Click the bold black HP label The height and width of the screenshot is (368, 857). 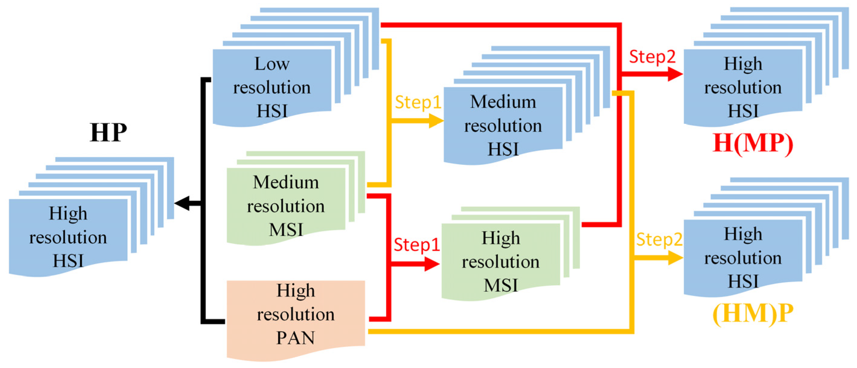coord(108,133)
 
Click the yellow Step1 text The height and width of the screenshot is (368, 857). coord(418,102)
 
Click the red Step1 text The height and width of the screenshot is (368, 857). coord(417,245)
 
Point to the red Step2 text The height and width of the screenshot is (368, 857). coord(652,57)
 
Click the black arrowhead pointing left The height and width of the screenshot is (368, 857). coord(182,203)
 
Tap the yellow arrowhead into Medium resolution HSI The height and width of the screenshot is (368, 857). coord(436,121)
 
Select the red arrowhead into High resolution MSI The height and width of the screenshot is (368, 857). coord(432,264)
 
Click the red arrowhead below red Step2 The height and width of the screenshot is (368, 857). coord(675,74)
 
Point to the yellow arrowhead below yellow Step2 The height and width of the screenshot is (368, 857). coord(675,258)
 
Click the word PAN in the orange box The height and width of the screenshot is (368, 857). coord(295,338)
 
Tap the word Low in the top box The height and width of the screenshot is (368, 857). coord(272,64)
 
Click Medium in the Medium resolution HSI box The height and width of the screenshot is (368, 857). coord(503,102)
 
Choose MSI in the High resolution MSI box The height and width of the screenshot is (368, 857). coord(501,285)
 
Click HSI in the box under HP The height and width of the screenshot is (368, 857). coord(68,261)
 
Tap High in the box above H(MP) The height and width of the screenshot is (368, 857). coord(743,64)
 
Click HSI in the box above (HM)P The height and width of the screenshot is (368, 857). coord(743,281)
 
